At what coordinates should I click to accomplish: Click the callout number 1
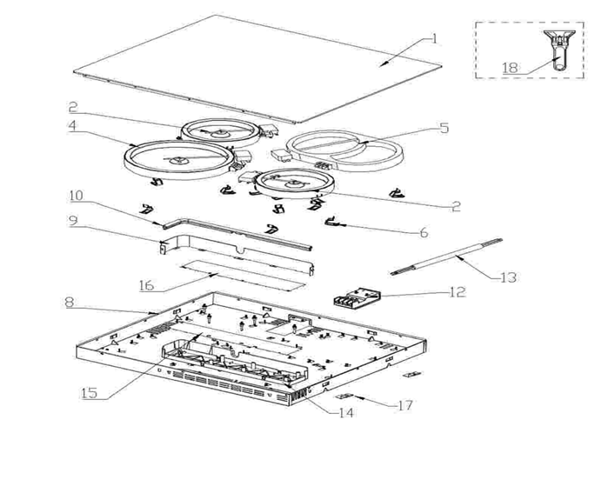pos(434,39)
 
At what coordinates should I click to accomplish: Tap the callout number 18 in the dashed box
pos(511,68)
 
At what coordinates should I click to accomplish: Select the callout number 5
pos(444,128)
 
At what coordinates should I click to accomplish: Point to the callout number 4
pos(72,126)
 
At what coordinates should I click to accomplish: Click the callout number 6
pos(424,232)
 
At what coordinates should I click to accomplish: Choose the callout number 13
pos(509,277)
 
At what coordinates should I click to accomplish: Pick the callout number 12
pos(458,291)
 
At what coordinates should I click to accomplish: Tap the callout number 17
pos(405,405)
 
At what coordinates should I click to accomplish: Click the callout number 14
pos(346,413)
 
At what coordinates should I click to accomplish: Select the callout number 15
pos(89,393)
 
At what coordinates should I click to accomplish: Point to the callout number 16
pos(146,285)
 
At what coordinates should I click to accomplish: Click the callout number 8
pos(69,303)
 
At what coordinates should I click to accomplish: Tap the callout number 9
pos(73,220)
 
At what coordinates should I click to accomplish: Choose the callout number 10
pos(77,196)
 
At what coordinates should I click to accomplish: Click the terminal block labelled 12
pos(356,297)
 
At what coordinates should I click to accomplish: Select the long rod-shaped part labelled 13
pos(446,256)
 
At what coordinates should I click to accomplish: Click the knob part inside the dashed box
pos(559,50)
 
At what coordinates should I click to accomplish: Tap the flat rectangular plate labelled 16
pos(243,275)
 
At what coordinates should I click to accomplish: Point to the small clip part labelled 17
pos(344,396)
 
